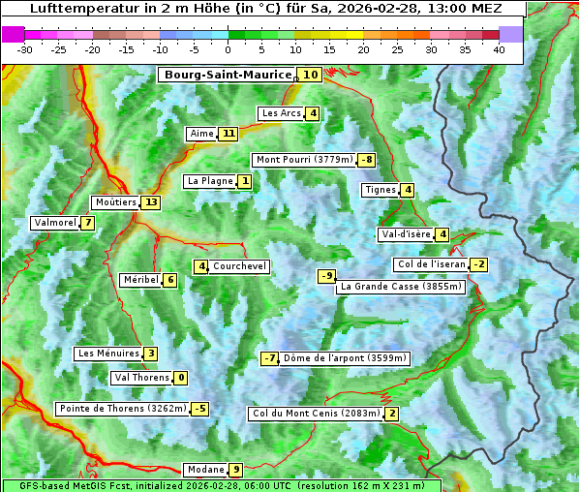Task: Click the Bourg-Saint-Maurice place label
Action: (x=228, y=75)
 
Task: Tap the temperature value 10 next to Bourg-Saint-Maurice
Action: (x=310, y=75)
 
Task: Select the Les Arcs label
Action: (x=282, y=113)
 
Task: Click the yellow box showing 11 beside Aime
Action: (x=228, y=134)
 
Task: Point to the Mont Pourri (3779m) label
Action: (x=303, y=160)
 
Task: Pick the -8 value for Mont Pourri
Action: (x=366, y=160)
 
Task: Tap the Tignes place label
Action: (x=380, y=190)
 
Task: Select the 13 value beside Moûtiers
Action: (x=150, y=202)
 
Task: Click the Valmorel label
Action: (x=54, y=223)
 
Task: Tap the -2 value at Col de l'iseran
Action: (x=478, y=264)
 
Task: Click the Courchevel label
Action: (x=239, y=266)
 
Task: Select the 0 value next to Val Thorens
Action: (x=180, y=378)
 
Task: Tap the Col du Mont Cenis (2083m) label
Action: (x=315, y=414)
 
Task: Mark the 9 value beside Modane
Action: (x=235, y=470)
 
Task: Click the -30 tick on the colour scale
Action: (x=25, y=48)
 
